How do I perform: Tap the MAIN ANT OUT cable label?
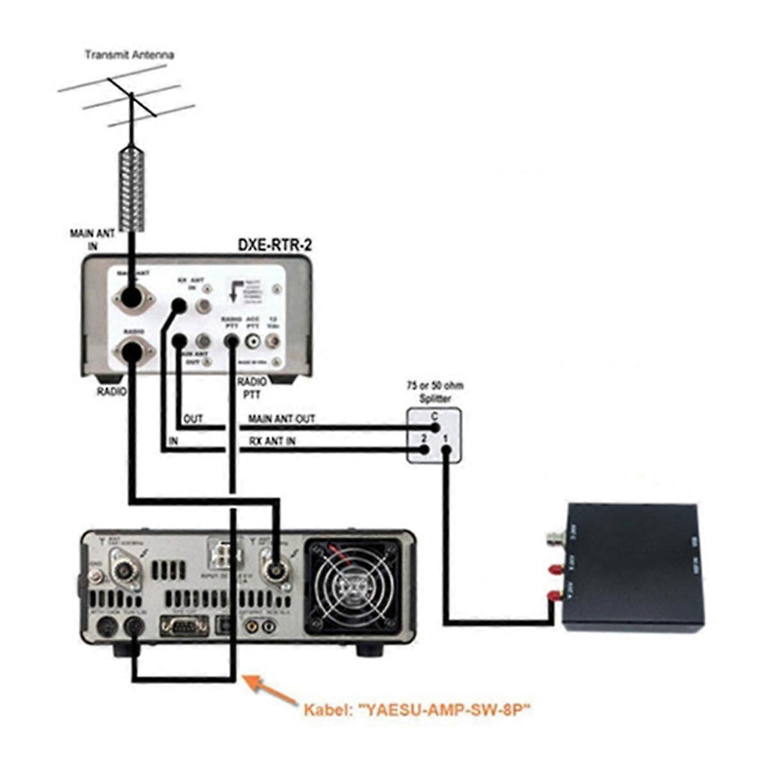click(282, 418)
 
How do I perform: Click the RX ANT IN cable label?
click(271, 441)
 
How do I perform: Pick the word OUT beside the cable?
click(193, 418)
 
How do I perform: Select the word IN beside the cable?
click(173, 441)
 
